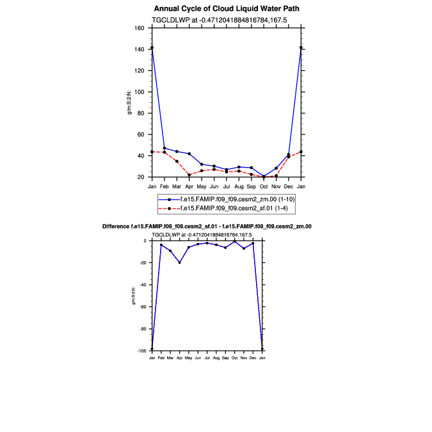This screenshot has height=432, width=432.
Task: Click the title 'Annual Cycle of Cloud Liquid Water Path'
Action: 227,9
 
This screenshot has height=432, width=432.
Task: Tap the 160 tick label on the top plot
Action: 139,28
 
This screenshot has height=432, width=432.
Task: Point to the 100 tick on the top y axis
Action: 139,92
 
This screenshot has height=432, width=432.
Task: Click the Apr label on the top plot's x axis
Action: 189,186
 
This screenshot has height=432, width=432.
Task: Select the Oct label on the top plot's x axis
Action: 264,186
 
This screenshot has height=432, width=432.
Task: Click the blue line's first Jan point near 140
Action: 152,47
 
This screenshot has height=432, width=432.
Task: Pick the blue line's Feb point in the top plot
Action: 164,148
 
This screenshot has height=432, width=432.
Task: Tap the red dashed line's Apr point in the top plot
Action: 189,175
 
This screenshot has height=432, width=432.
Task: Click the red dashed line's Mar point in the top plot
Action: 177,161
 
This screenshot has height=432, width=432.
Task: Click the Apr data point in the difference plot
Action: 180,262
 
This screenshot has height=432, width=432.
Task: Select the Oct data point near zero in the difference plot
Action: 235,241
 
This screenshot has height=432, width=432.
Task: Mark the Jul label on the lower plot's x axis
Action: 207,357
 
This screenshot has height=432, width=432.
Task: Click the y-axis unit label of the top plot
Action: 129,102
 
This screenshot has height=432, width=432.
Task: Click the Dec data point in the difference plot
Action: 253,243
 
